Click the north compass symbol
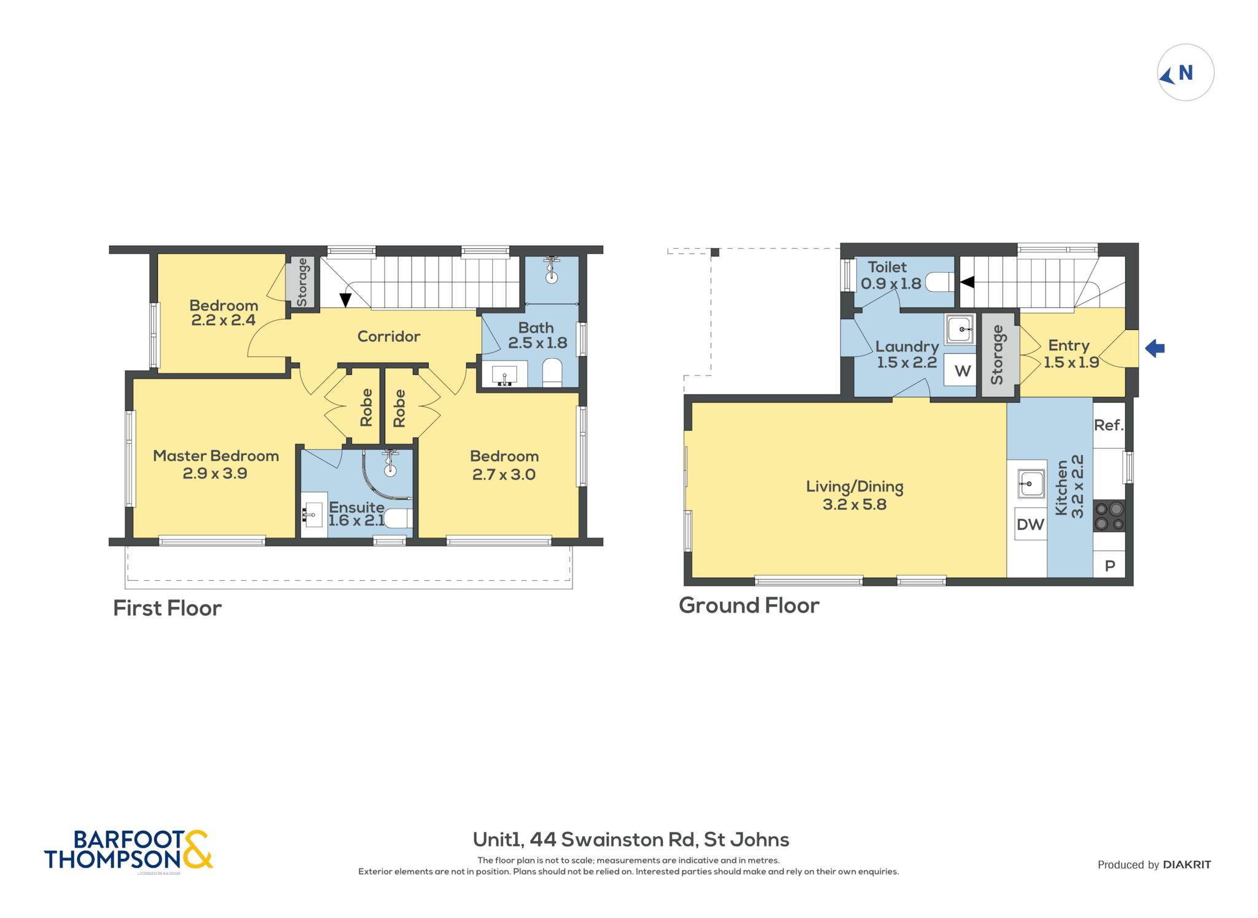(x=1186, y=73)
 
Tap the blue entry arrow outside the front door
(x=1155, y=348)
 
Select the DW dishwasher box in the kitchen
(x=1030, y=524)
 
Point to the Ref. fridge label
(x=1109, y=425)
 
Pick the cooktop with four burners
(x=1109, y=516)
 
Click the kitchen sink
(x=1031, y=484)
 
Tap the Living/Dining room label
(x=854, y=495)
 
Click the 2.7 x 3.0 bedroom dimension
(x=504, y=474)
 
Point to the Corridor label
(x=389, y=336)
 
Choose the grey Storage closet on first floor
(x=300, y=282)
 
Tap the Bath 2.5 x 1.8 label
(x=537, y=335)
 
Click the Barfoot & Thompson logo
(x=128, y=850)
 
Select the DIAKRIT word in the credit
(x=1187, y=865)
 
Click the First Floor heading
(x=167, y=608)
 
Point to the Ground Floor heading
(x=749, y=606)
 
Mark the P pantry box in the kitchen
(x=1109, y=565)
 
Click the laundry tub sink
(x=959, y=329)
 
